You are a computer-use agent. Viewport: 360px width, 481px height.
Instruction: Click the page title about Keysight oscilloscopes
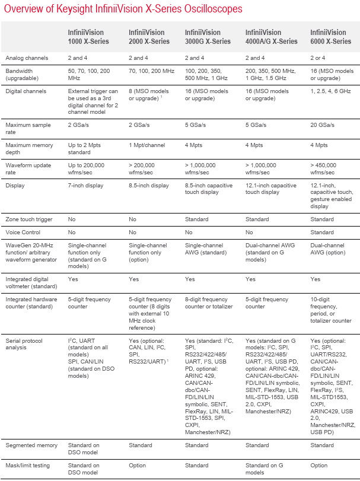pyautogui.click(x=123, y=9)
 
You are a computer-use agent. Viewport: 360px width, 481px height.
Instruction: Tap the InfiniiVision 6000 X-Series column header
pyautogui.click(x=331, y=37)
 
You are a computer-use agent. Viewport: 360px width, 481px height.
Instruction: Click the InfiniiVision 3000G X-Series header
pyautogui.click(x=208, y=37)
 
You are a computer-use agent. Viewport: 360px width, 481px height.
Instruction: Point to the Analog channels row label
pyautogui.click(x=27, y=58)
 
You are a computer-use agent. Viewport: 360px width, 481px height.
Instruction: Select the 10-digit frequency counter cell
pyautogui.click(x=330, y=310)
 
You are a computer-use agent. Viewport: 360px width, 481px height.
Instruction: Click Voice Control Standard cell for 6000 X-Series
pyautogui.click(x=323, y=232)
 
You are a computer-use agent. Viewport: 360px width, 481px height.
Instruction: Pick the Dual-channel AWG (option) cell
pyautogui.click(x=328, y=249)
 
